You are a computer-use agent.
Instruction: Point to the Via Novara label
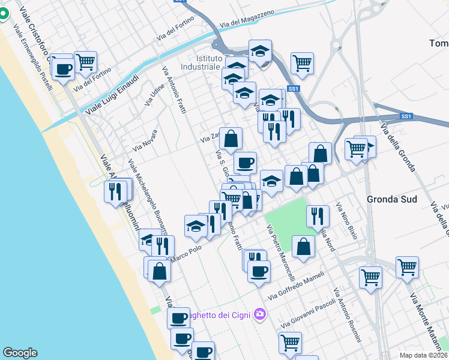pyautogui.click(x=145, y=140)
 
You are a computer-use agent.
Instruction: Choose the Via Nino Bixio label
pyautogui.click(x=347, y=221)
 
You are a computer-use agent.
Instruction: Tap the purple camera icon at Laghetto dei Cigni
pyautogui.click(x=260, y=314)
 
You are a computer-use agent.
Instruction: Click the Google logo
pyautogui.click(x=20, y=353)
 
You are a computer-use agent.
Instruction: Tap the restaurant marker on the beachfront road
pyautogui.click(x=115, y=191)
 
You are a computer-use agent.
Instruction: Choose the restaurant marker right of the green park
pyautogui.click(x=318, y=215)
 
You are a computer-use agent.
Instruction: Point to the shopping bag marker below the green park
pyautogui.click(x=304, y=246)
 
